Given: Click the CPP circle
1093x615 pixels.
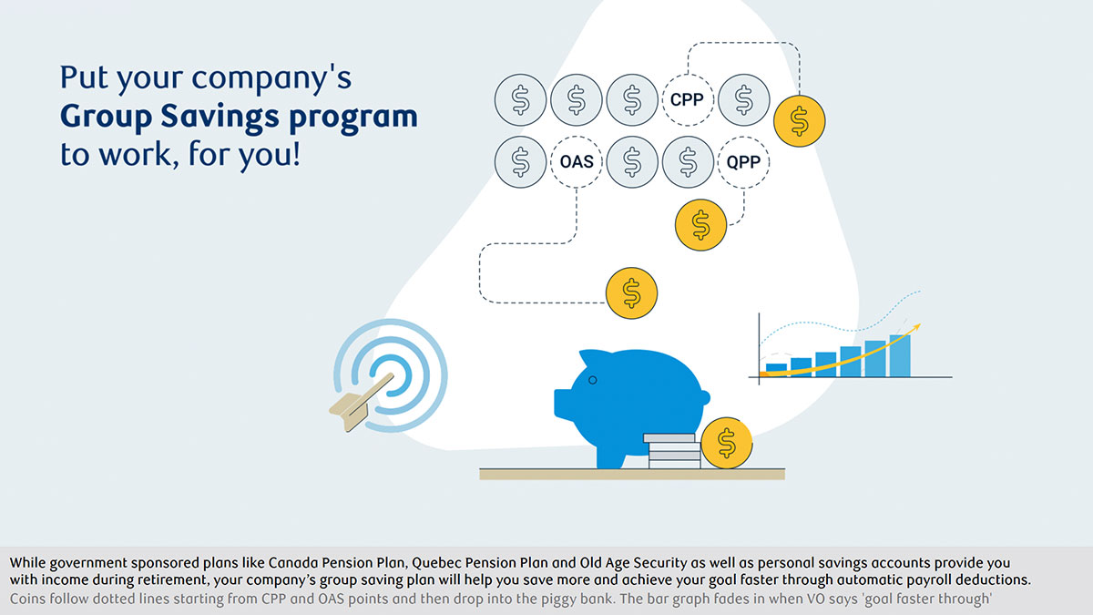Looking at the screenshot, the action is pyautogui.click(x=688, y=100).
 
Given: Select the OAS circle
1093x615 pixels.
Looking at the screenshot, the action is pyautogui.click(x=577, y=162).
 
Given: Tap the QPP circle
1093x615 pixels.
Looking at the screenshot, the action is pyautogui.click(x=743, y=162).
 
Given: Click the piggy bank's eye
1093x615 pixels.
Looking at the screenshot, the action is pyautogui.click(x=592, y=380).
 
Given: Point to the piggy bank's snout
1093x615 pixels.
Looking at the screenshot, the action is pyautogui.click(x=562, y=404).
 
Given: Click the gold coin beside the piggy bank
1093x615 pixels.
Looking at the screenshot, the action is pyautogui.click(x=727, y=443).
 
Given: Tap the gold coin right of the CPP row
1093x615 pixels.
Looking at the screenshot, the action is pyautogui.click(x=800, y=121).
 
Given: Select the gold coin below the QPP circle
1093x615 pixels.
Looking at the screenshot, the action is pyautogui.click(x=700, y=225).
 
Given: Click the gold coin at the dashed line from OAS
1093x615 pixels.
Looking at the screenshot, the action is pyautogui.click(x=631, y=293).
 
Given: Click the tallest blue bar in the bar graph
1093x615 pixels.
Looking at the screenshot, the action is pyautogui.click(x=900, y=356).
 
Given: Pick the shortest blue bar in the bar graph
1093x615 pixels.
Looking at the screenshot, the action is pyautogui.click(x=776, y=370).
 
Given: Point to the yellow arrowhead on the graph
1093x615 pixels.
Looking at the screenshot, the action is pyautogui.click(x=916, y=327).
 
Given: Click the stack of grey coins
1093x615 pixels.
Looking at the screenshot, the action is pyautogui.click(x=672, y=451).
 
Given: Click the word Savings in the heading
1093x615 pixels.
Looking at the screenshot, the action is pyautogui.click(x=220, y=118).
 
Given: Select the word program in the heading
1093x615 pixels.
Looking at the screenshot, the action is pyautogui.click(x=353, y=118).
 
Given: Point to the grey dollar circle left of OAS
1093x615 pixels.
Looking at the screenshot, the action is pyautogui.click(x=520, y=162).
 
